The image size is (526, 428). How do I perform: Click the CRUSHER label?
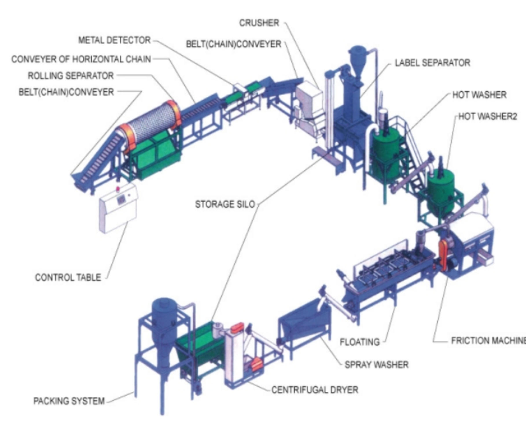pyautogui.click(x=259, y=23)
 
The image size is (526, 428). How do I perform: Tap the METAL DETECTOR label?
pyautogui.click(x=114, y=40)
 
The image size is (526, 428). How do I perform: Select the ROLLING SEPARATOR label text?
pyautogui.click(x=71, y=76)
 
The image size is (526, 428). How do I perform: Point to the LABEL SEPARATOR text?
pyautogui.click(x=432, y=63)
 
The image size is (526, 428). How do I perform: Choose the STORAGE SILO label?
pyautogui.click(x=225, y=204)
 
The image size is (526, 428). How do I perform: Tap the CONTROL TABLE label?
pyautogui.click(x=68, y=277)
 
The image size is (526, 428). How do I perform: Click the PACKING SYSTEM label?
pyautogui.click(x=69, y=401)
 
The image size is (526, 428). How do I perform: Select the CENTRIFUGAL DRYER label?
pyautogui.click(x=315, y=390)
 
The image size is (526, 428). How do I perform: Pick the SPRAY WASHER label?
pyautogui.click(x=376, y=365)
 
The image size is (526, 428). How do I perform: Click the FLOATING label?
pyautogui.click(x=360, y=342)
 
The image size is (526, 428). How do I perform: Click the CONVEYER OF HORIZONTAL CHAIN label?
pyautogui.click(x=81, y=59)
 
